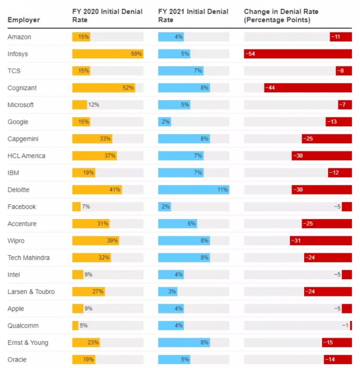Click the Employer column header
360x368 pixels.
[23, 20]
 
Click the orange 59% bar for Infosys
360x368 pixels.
[107, 54]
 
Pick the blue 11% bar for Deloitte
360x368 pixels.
[193, 190]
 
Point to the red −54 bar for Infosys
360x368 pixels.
[298, 54]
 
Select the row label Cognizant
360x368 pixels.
[22, 88]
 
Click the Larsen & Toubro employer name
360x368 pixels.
[31, 291]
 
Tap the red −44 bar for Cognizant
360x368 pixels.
[307, 88]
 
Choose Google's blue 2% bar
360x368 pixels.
[164, 122]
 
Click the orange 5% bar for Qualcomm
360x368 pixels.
[75, 325]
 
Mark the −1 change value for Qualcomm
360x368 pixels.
[345, 325]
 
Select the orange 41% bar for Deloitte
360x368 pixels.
[97, 190]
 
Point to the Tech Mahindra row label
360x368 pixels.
[29, 258]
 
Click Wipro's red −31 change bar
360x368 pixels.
[321, 241]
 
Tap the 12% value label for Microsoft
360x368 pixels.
[93, 105]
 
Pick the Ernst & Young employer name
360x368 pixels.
[28, 342]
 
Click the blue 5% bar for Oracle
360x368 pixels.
[174, 360]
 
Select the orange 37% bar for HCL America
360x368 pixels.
[94, 156]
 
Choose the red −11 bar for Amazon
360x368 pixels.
[341, 37]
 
